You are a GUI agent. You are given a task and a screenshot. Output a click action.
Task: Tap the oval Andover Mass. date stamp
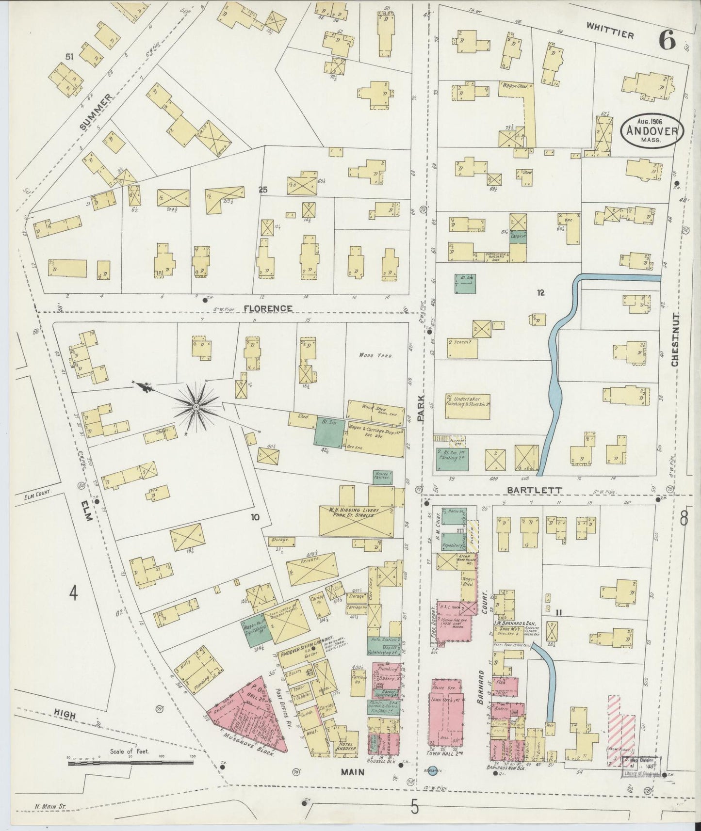(652, 129)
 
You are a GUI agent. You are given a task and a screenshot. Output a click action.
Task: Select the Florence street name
(268, 308)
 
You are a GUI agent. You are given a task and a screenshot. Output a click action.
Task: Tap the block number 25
(262, 190)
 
